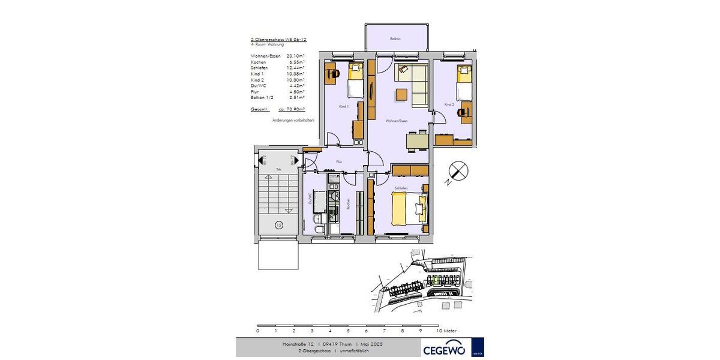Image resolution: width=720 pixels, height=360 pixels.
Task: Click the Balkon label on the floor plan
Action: (395, 38)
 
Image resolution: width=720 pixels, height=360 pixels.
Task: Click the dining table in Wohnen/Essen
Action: (418, 140)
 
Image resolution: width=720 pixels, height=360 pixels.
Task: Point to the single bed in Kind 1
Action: (355, 81)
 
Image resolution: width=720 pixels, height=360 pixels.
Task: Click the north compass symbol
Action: (458, 172)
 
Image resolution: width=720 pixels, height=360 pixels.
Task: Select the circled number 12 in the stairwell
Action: (279, 225)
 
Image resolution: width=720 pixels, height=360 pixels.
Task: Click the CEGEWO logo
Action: (445, 349)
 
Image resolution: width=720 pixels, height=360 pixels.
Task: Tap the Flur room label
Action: (339, 162)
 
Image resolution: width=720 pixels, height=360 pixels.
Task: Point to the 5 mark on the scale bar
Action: (348, 331)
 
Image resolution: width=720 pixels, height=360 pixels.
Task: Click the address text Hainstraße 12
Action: (298, 344)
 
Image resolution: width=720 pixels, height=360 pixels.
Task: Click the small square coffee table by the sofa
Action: (401, 95)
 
